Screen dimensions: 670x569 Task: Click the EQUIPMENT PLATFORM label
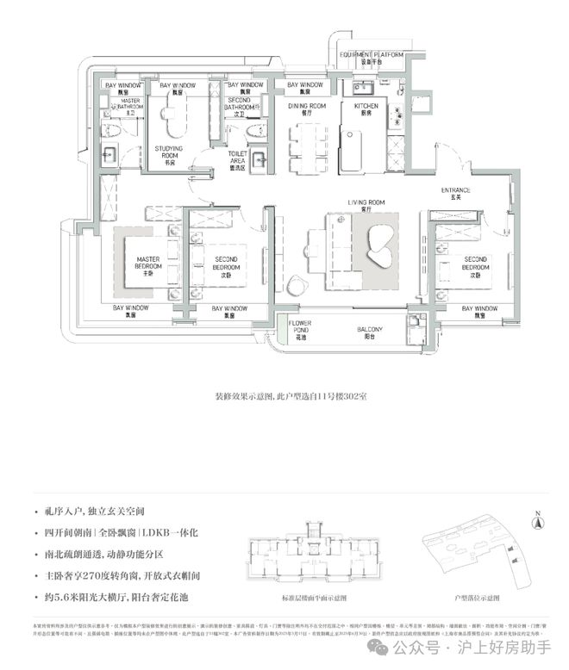click(x=372, y=57)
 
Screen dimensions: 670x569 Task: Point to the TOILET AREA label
click(x=239, y=162)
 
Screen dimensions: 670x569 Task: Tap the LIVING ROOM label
click(x=366, y=205)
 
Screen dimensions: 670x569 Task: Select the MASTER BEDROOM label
click(x=148, y=263)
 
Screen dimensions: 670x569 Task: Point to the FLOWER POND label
click(x=300, y=329)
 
